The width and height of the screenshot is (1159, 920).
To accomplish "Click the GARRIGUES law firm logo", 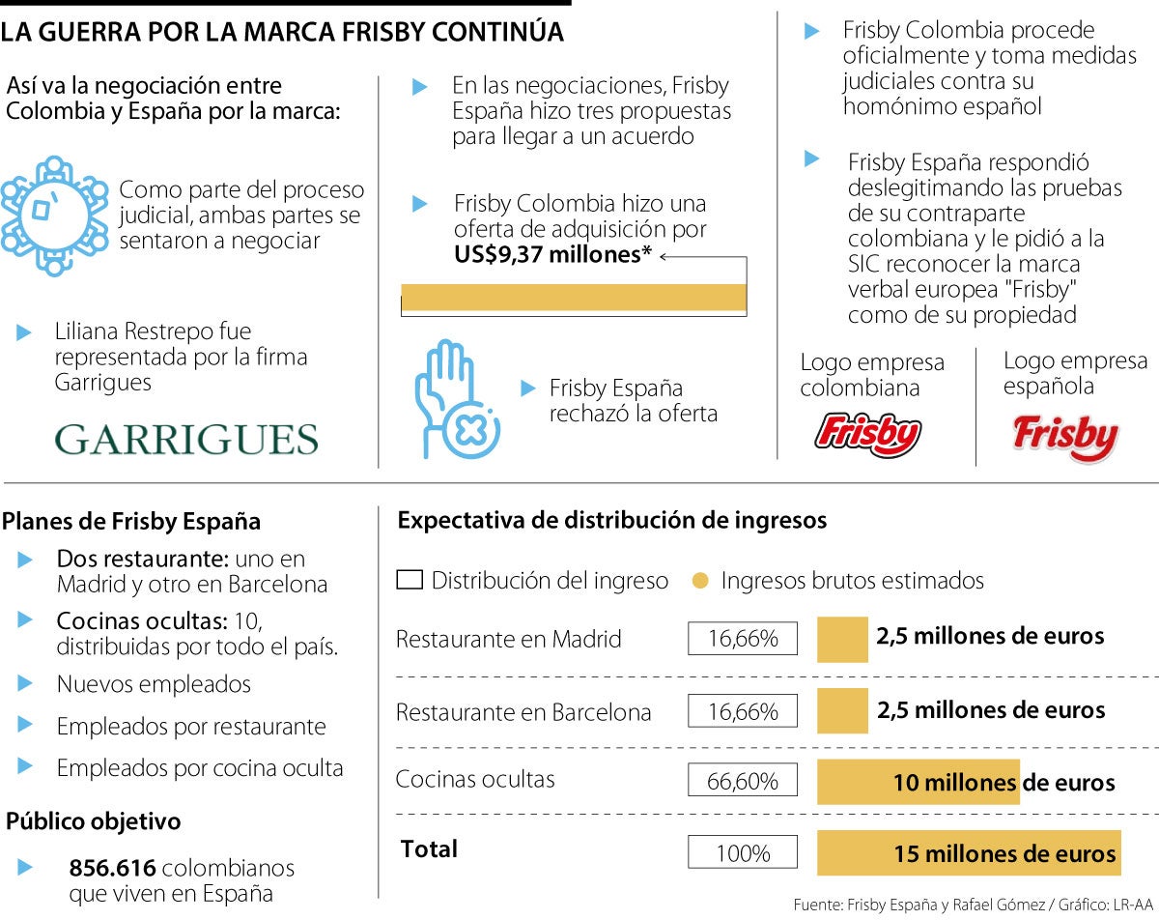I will point(186,440).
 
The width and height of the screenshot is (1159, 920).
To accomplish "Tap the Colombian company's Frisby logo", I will point(868,434).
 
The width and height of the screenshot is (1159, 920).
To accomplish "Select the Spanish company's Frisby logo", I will point(1065,438).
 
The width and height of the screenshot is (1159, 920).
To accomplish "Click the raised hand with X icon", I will point(456,399).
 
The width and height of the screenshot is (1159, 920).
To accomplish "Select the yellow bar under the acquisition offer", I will point(574,298).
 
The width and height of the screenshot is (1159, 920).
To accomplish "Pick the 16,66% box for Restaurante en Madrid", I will point(743,639).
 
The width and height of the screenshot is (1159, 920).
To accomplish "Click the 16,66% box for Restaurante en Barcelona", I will point(743,712).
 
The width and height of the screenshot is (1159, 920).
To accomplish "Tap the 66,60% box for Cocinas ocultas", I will point(743,781).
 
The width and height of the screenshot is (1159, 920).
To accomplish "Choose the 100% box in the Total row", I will point(743,853).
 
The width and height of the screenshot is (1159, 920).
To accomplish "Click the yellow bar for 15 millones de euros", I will point(969,853).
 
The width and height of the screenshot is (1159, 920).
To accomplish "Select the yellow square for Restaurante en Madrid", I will point(842,639).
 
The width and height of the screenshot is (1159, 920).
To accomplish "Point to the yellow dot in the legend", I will point(701,581).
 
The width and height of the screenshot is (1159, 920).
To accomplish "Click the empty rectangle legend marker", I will point(410,581).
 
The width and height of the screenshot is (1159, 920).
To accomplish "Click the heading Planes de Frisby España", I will point(131,522).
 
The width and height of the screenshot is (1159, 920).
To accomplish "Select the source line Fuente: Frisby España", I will point(974,905).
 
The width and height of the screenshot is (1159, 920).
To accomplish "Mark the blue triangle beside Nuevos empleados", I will point(25,684).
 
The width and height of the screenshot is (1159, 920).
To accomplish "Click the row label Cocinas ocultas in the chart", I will point(475,779).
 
